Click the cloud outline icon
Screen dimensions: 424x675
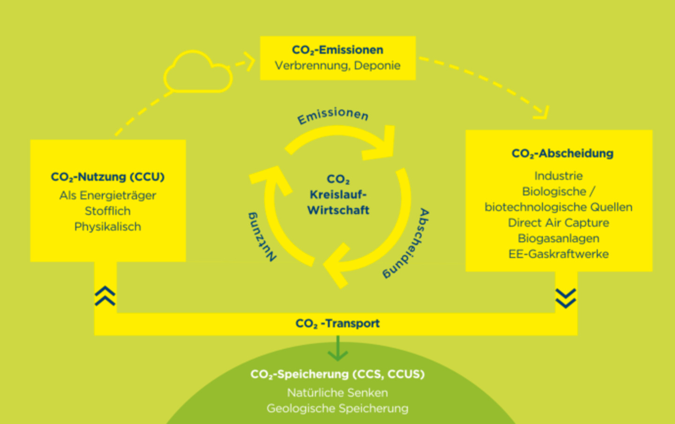pos(197,73)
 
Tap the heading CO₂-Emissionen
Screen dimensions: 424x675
pos(337,50)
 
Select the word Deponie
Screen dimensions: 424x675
pos(377,66)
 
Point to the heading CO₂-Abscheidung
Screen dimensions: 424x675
pos(562,154)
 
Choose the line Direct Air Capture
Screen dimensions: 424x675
pos(558,223)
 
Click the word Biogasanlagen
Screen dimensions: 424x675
pos(558,238)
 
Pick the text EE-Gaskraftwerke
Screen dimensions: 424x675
pos(558,254)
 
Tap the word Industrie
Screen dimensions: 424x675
pos(558,176)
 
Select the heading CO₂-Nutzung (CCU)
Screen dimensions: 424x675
pos(108,177)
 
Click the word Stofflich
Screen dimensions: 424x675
pos(108,211)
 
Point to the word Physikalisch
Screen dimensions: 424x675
pos(108,227)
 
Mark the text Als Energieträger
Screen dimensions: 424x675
pos(108,196)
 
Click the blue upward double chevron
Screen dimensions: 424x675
pos(105,296)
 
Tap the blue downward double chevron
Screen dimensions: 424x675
pos(566,298)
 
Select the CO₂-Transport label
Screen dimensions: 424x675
pos(337,323)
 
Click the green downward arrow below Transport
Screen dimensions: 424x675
pos(337,349)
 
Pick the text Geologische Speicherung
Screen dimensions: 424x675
pos(337,409)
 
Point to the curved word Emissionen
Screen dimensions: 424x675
pos(333,115)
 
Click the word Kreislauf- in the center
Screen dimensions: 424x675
pos(338,195)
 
